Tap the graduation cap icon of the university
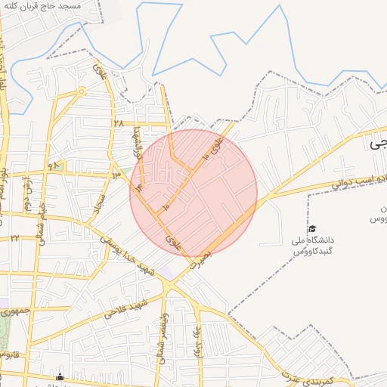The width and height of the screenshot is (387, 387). [x=311, y=229]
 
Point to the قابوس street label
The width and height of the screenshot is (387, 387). [x=8, y=353]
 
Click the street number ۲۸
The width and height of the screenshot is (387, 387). [x=119, y=122]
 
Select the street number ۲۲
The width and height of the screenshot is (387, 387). [x=14, y=238]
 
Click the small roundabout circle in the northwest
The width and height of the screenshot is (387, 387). [x=81, y=91]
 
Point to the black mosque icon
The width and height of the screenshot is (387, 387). [x=60, y=377]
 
